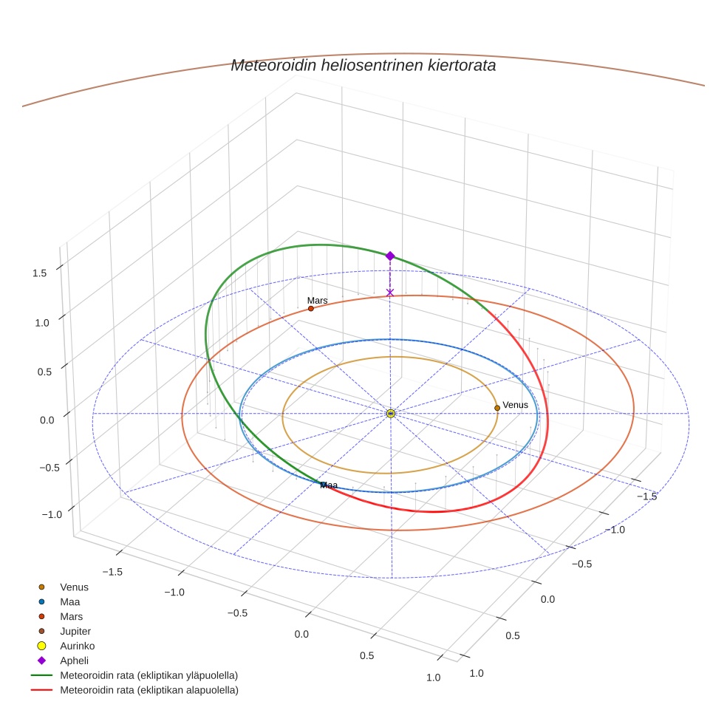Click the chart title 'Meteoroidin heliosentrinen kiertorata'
point(363,65)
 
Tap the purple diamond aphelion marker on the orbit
point(390,256)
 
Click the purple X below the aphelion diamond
point(390,293)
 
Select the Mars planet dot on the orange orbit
point(311,308)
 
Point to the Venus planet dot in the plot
point(497,408)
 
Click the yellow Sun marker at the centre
point(391,414)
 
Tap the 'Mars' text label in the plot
point(318,301)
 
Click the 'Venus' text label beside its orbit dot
point(515,405)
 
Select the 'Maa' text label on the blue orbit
point(329,485)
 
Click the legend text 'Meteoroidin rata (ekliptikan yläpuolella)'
point(149,675)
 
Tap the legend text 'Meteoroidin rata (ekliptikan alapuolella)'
point(149,690)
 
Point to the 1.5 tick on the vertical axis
point(39,273)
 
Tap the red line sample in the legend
point(41,690)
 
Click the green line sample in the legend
point(41,675)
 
